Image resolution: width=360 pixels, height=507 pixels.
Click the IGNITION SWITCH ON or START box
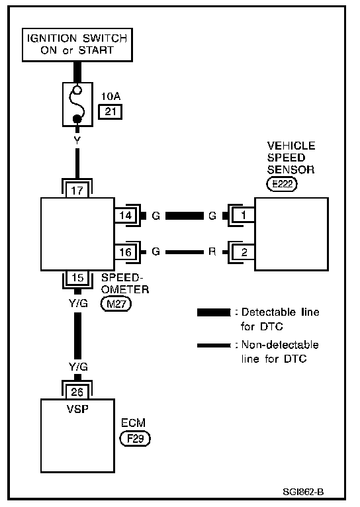(77, 44)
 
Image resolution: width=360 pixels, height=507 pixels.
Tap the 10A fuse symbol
(77, 104)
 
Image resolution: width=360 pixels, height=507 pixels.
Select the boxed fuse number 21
(111, 112)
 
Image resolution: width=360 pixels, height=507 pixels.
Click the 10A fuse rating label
(111, 96)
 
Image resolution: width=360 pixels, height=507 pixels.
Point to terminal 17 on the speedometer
(77, 190)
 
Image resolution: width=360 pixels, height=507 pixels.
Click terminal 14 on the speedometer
(126, 215)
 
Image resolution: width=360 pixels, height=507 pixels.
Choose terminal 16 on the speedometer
(126, 252)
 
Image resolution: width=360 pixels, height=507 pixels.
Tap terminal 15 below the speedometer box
(77, 277)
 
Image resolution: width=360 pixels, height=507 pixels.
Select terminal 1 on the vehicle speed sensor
(244, 215)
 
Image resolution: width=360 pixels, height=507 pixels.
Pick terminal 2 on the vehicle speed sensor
(244, 252)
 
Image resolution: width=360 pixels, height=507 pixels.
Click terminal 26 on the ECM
(77, 392)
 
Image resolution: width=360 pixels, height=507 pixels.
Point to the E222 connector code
(282, 184)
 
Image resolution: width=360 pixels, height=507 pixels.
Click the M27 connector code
(116, 304)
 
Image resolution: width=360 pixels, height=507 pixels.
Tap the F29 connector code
(135, 439)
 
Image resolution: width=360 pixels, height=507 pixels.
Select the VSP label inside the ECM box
(77, 409)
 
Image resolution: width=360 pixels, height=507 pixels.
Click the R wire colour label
(212, 252)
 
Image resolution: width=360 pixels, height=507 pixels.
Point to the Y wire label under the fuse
(77, 140)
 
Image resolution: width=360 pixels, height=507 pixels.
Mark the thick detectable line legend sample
(214, 312)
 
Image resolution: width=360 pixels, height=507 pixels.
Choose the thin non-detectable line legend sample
(214, 346)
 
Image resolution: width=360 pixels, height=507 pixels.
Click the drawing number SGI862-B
(303, 492)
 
